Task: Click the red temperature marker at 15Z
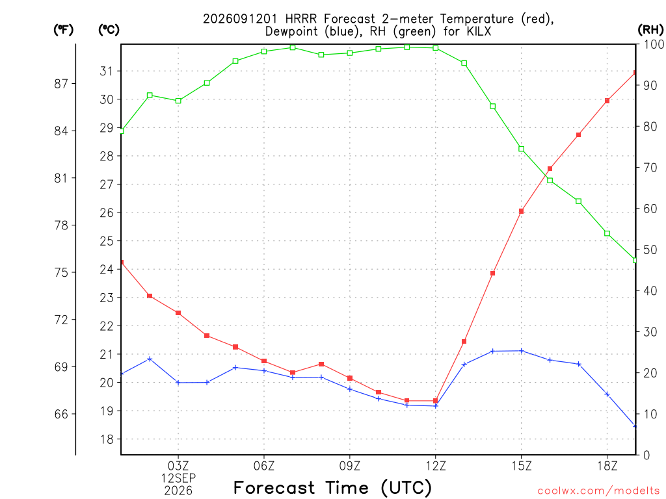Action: click(x=521, y=211)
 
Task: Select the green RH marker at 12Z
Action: click(x=435, y=48)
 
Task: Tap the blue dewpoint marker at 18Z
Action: click(x=607, y=394)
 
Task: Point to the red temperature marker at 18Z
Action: click(x=607, y=101)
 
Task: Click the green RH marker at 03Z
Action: click(x=178, y=101)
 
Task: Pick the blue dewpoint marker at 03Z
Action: click(x=178, y=383)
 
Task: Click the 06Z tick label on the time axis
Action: click(x=264, y=466)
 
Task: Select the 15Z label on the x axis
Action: click(x=521, y=466)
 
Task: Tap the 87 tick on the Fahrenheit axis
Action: click(x=61, y=84)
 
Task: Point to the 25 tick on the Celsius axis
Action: click(x=107, y=241)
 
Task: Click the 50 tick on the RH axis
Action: click(x=650, y=250)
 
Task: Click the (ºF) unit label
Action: click(x=63, y=30)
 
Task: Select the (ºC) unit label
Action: click(x=109, y=30)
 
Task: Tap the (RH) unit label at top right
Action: click(x=650, y=30)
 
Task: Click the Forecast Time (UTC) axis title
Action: click(x=332, y=487)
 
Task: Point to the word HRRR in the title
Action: click(x=300, y=19)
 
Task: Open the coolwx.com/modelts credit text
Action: click(x=598, y=491)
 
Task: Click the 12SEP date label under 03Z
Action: click(x=178, y=478)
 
